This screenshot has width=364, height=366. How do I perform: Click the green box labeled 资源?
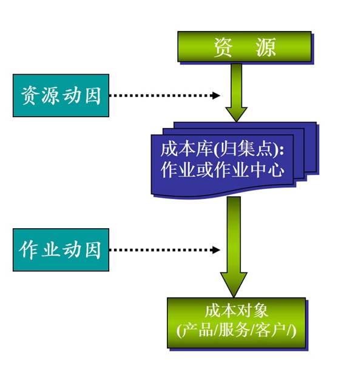(244, 46)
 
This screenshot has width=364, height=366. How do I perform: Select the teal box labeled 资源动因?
(61, 95)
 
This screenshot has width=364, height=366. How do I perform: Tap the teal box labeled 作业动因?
(61, 249)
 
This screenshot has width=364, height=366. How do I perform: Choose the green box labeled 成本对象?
(236, 322)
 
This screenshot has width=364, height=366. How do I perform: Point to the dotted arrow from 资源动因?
(164, 95)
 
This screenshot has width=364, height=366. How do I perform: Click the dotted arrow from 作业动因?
(164, 249)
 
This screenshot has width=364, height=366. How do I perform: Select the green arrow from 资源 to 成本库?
(236, 91)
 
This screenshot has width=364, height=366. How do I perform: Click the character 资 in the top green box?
(223, 47)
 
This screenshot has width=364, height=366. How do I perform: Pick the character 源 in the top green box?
(266, 47)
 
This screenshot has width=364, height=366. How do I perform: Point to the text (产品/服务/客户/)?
(236, 331)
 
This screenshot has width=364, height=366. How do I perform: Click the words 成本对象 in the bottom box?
(236, 311)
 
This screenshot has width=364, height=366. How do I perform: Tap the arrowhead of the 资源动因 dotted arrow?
(216, 95)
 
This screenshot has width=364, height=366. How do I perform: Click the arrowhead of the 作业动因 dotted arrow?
(215, 249)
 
